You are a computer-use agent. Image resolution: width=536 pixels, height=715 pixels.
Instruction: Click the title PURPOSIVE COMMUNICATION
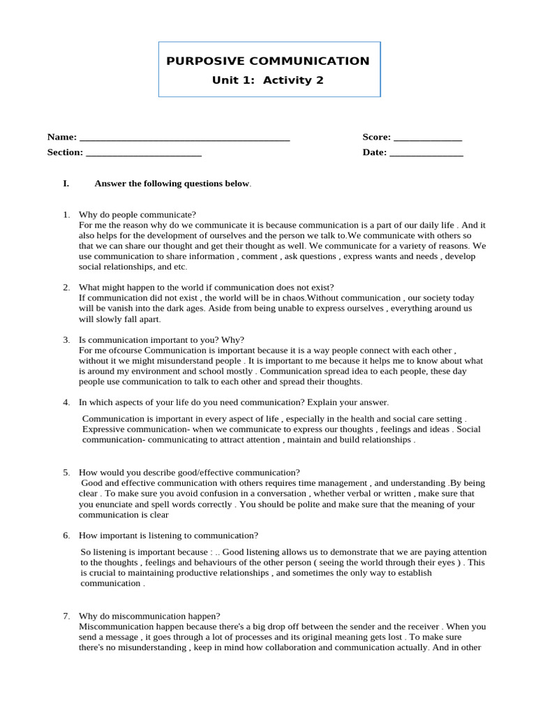point(268,61)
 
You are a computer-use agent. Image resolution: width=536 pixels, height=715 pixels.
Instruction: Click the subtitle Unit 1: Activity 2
point(268,80)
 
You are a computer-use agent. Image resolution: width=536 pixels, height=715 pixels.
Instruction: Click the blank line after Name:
point(185,138)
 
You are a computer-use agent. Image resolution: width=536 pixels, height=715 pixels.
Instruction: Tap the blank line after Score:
point(428,138)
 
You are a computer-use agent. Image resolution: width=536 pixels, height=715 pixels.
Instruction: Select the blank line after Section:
point(144,153)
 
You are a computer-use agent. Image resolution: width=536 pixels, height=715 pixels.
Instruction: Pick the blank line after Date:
point(426,153)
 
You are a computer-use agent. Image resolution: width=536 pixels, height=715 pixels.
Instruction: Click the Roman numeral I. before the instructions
point(66,184)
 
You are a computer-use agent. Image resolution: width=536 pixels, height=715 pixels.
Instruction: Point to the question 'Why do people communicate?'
point(137,215)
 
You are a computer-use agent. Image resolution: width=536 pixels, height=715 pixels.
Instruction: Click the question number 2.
point(66,288)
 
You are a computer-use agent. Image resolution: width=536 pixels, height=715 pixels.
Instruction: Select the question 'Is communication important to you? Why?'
point(161,340)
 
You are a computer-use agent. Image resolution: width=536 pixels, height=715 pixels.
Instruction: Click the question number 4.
point(66,403)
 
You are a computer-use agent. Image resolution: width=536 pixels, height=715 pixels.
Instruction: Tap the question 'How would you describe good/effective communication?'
point(189,473)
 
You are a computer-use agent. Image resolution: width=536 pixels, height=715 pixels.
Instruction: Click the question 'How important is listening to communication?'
point(168,536)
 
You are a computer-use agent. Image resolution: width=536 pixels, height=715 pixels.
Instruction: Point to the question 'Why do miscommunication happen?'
point(149,617)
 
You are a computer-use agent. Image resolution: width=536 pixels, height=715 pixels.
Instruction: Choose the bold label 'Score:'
point(377,138)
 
